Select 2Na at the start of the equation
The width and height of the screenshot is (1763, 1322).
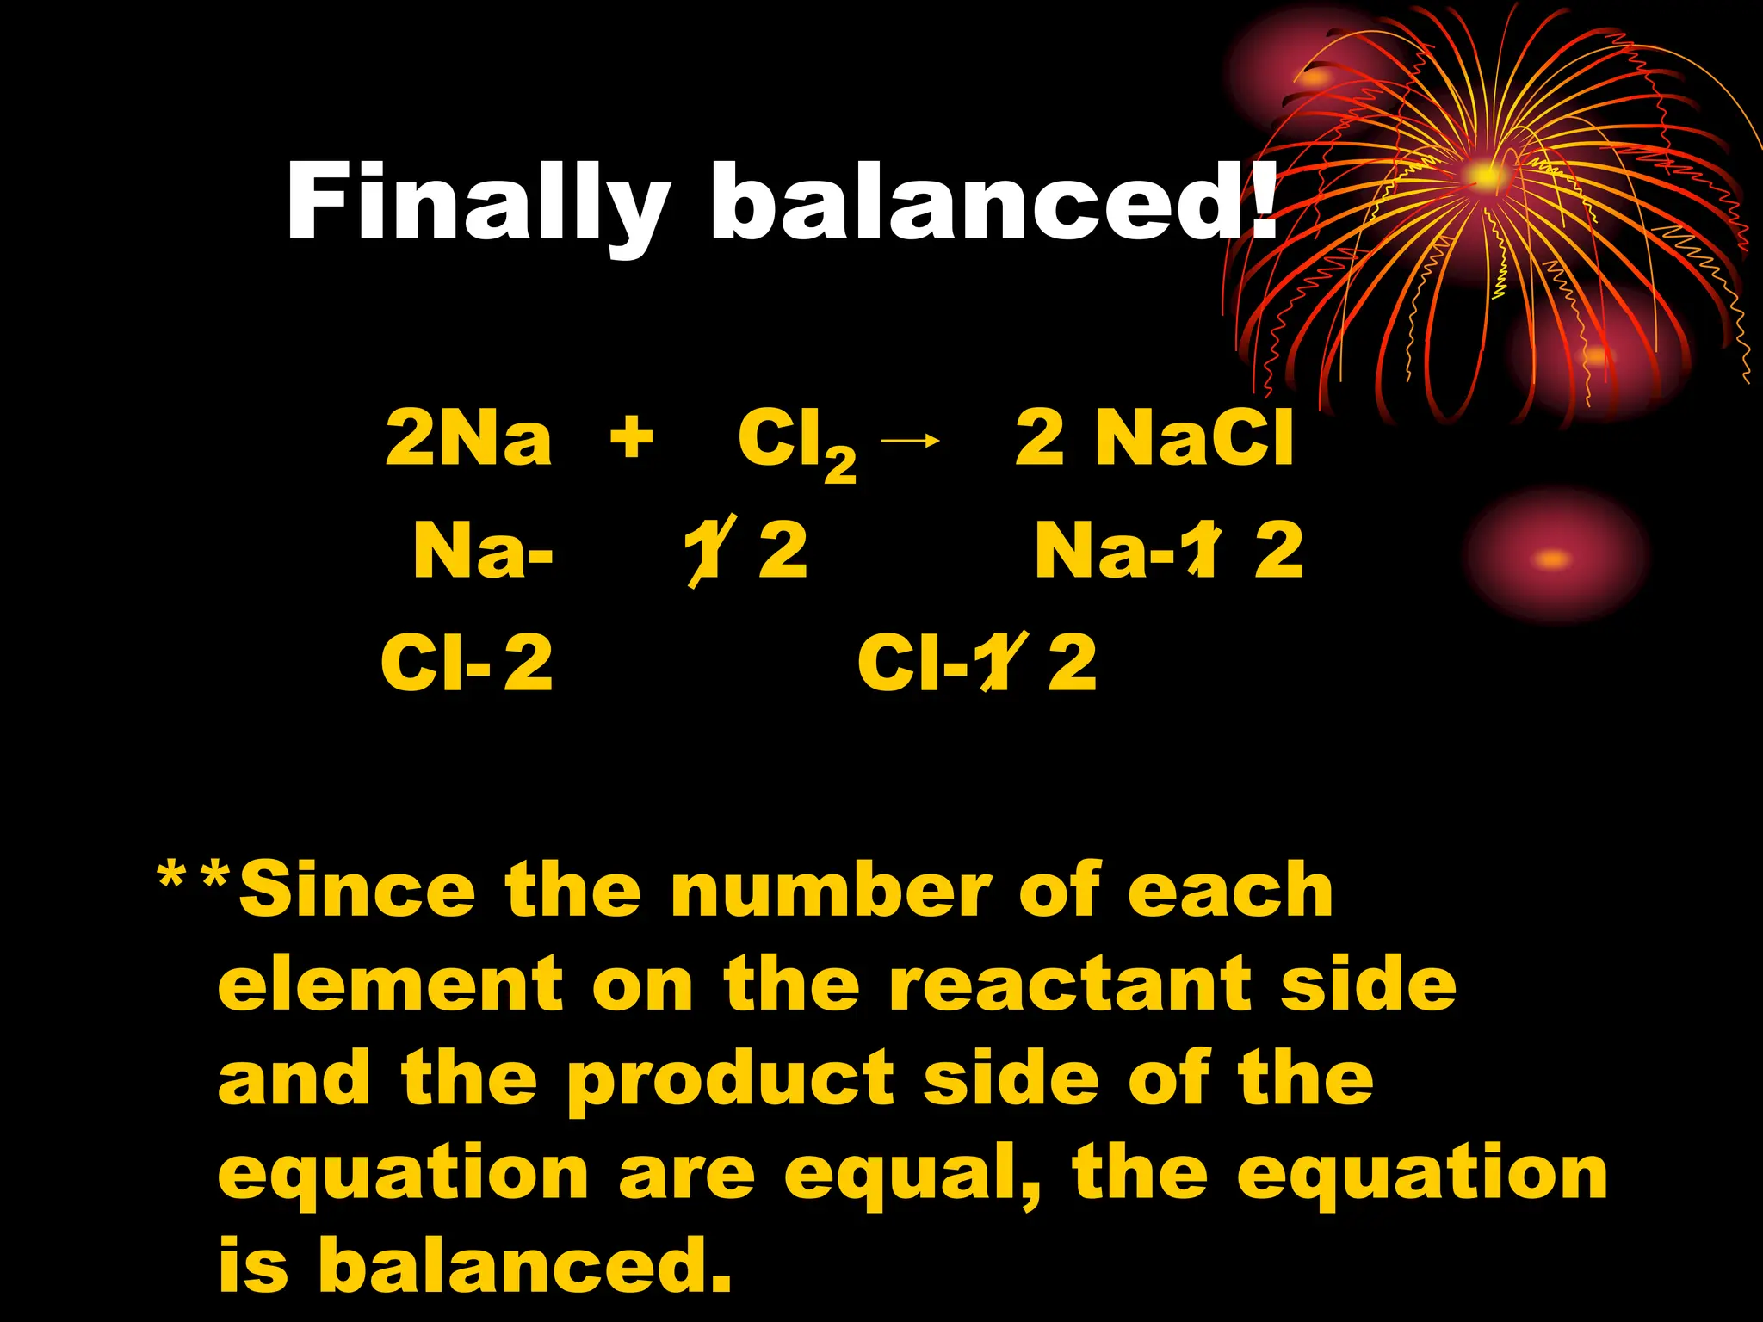tap(468, 438)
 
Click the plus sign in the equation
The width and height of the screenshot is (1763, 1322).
tap(631, 437)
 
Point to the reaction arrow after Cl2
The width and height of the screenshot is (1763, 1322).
tap(911, 441)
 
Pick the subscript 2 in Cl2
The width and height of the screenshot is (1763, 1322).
tap(840, 465)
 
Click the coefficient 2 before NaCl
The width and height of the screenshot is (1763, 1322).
tap(1040, 438)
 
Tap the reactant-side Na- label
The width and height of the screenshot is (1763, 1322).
tap(483, 551)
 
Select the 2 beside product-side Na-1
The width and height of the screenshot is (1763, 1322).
tap(1279, 551)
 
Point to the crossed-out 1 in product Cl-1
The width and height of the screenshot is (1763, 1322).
tap(993, 663)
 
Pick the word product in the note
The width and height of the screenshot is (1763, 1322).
tap(731, 1080)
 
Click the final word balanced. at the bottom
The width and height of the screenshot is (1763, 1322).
tap(525, 1266)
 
